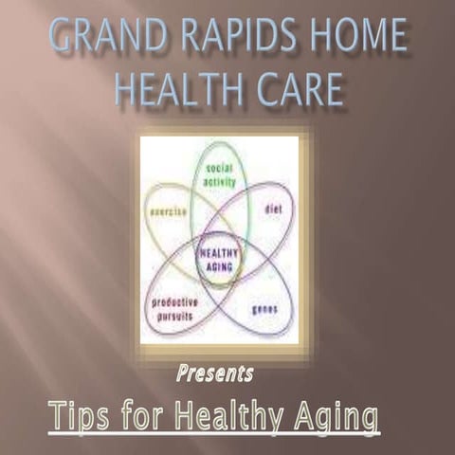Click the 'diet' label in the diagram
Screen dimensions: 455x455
pos(273,207)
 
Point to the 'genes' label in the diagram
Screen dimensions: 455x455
pos(264,309)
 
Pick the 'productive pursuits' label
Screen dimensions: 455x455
pos(174,307)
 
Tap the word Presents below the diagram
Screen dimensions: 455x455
pos(214,373)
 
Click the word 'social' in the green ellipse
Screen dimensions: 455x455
pos(219,168)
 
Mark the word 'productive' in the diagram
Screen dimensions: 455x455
pos(174,301)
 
